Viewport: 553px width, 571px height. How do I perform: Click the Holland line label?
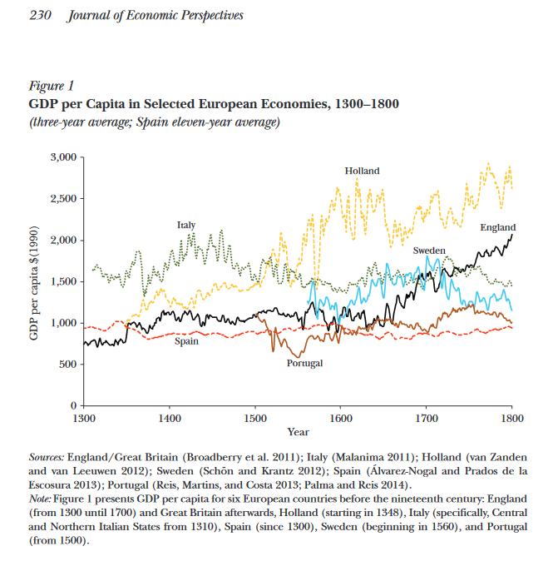[x=362, y=171]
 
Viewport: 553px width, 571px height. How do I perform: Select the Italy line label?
[x=186, y=226]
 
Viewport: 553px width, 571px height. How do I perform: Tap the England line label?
[x=497, y=227]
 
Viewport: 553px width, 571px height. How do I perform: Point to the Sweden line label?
[x=429, y=250]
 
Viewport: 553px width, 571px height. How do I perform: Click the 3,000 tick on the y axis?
[x=63, y=157]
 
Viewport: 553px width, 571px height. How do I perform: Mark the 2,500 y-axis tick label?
[x=63, y=199]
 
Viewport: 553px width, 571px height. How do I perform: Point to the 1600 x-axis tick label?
[x=340, y=417]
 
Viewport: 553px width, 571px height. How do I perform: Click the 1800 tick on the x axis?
[x=511, y=417]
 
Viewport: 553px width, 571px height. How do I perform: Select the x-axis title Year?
[x=298, y=432]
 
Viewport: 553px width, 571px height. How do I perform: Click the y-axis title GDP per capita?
[x=34, y=281]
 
